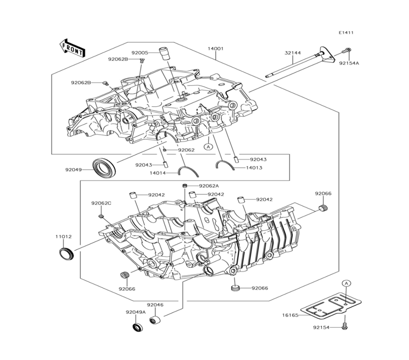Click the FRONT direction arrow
pos(72,48)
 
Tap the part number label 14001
pos(216,48)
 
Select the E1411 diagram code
pos(346,33)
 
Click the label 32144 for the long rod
pos(293,53)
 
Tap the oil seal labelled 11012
pos(66,254)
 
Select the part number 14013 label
pos(254,168)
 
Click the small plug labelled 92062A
pos(185,186)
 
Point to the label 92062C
pos(101,203)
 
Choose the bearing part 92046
pos(155,319)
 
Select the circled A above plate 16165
pos(346,283)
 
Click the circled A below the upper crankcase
pos(209,146)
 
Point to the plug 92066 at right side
pos(324,208)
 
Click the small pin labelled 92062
pos(164,150)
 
